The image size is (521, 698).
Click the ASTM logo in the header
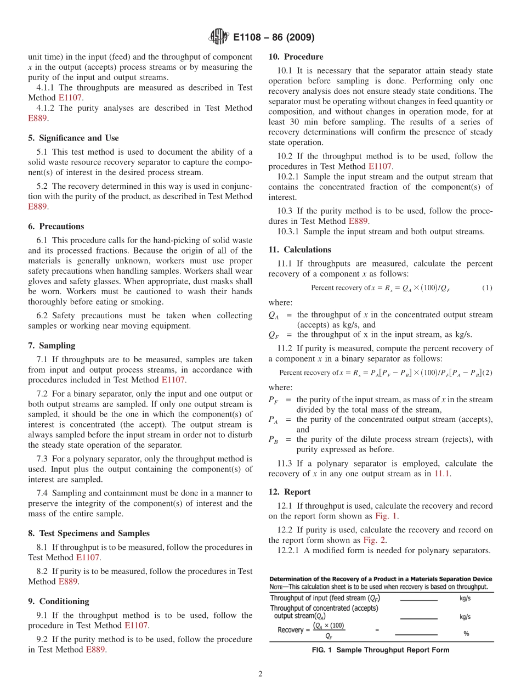(x=218, y=37)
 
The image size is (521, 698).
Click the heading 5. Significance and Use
(x=73, y=138)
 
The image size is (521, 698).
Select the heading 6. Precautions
(x=56, y=226)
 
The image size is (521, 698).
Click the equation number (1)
(x=487, y=288)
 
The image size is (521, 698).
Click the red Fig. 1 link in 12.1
(x=387, y=516)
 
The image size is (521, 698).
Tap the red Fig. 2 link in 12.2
(x=375, y=540)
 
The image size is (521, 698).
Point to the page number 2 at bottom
(x=260, y=674)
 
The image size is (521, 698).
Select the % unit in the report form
(x=466, y=633)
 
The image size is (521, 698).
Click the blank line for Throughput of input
(x=418, y=600)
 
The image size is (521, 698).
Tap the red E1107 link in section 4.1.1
(x=70, y=98)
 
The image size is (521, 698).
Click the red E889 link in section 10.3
(x=359, y=221)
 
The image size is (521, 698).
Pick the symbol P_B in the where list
(x=273, y=440)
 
